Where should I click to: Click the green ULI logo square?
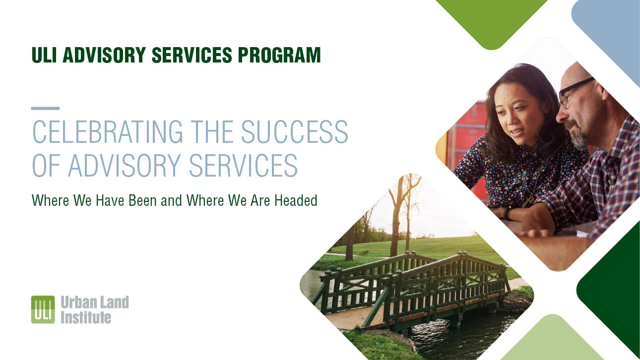click(43, 310)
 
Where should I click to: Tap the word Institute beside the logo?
click(85, 317)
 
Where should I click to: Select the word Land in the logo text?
click(114, 302)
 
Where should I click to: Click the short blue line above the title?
click(45, 108)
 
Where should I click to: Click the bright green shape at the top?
click(491, 20)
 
